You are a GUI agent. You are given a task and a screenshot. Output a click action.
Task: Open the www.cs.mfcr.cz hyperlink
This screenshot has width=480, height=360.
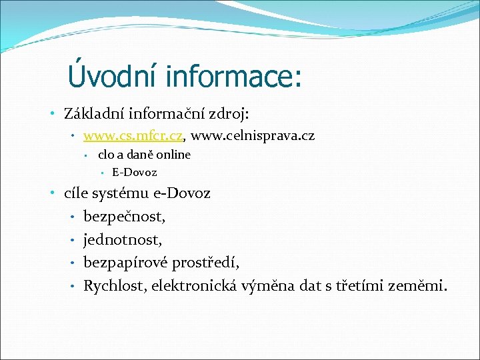133,136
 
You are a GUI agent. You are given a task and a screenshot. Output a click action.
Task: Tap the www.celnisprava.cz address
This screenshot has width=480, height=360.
253,136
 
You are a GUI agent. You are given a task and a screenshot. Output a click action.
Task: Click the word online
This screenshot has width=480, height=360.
174,155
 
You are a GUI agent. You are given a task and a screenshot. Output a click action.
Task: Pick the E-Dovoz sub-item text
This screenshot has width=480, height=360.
135,173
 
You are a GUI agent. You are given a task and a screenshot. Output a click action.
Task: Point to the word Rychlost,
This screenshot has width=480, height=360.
115,286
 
